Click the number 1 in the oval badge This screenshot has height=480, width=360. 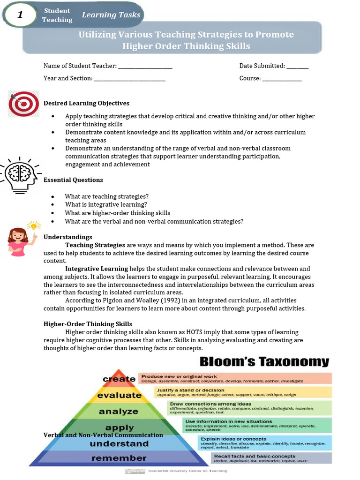pos(20,15)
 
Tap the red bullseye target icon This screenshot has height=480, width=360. pos(23,104)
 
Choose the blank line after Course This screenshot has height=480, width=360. pos(282,79)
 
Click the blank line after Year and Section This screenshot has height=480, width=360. pos(130,79)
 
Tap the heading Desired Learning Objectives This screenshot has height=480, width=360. pos(86,103)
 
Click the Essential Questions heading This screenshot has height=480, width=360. pos(73,180)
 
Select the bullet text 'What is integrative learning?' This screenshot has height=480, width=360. pos(106,204)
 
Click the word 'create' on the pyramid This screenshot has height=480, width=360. pos(119,379)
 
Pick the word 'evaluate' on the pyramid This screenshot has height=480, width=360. pos(119,395)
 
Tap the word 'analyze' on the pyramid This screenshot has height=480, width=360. pos(119,412)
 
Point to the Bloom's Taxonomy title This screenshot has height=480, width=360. pos(264,362)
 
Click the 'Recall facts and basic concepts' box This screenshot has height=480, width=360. pos(272,458)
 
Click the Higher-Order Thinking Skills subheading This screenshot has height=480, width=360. pos(88,324)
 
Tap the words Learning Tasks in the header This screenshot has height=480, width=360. pos(111,15)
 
